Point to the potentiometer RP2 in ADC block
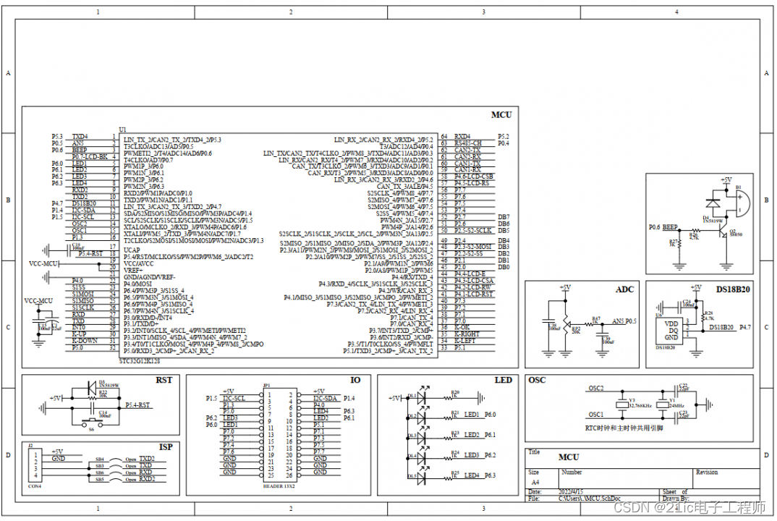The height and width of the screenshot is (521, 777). (565, 323)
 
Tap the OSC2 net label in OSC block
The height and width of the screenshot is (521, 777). (596, 389)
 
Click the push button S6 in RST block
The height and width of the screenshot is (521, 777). (91, 423)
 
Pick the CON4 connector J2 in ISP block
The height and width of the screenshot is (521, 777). (33, 465)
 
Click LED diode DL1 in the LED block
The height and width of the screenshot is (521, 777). (413, 397)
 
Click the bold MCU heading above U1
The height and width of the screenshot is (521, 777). (501, 114)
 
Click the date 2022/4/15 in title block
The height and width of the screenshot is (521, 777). (571, 491)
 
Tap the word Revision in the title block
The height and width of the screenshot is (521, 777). (706, 472)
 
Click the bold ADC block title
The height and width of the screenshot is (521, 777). (624, 289)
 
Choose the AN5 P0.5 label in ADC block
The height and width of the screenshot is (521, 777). (624, 321)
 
